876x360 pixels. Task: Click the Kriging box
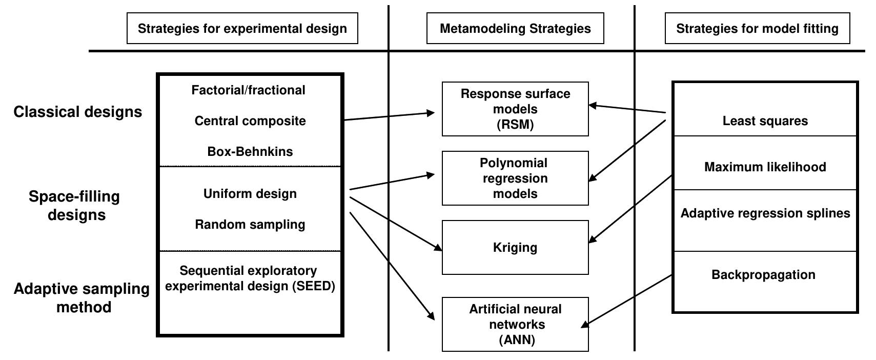coord(515,248)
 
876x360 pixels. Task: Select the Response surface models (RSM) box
coord(515,109)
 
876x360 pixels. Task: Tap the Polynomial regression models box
coord(515,178)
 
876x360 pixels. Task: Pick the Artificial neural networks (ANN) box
coord(515,324)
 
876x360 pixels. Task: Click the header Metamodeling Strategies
coord(515,28)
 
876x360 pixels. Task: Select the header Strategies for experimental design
coord(242,28)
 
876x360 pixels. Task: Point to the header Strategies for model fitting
coord(757,28)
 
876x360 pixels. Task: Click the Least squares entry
coord(765,121)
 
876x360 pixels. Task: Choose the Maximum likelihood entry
coord(765,167)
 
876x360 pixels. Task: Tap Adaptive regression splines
coord(765,213)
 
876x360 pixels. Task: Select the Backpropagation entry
coord(763,275)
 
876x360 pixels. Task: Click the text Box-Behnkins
coord(250,152)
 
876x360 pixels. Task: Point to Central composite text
coord(250,121)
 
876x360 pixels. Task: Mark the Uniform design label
coord(250,194)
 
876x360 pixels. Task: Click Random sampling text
coord(250,225)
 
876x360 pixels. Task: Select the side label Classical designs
coord(77,112)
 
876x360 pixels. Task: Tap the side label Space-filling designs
coord(74,205)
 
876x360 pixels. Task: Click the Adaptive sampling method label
coord(82,297)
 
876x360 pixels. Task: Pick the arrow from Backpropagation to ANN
coord(628,300)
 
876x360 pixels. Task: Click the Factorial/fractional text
coord(248,90)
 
